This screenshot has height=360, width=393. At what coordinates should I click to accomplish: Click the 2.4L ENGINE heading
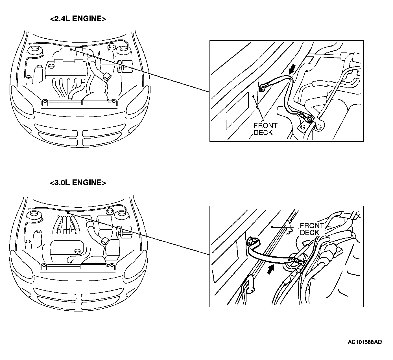click(78, 19)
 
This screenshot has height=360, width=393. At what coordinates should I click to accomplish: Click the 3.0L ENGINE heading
click(78, 183)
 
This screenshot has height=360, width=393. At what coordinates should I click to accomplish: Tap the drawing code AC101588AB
click(364, 342)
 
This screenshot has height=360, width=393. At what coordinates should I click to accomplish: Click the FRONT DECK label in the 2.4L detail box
click(265, 129)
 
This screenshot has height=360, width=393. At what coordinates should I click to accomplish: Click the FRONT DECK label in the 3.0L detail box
click(311, 229)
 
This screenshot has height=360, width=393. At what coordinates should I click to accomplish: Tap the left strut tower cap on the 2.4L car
click(35, 50)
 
